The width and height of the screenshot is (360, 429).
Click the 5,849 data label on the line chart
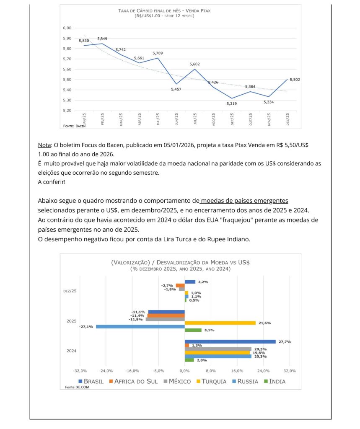(102, 39)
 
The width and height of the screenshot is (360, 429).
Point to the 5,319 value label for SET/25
(231, 103)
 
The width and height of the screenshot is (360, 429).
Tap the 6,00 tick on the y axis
(67, 28)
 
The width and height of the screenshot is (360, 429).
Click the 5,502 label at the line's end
(295, 80)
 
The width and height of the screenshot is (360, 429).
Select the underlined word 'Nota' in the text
(44, 145)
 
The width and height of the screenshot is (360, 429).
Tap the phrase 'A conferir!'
(52, 182)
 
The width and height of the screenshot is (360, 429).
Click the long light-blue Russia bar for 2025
(140, 326)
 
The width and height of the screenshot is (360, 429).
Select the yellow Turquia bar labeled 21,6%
(220, 323)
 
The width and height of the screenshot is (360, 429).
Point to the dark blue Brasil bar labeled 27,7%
(230, 341)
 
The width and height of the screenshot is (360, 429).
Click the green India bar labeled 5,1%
(193, 330)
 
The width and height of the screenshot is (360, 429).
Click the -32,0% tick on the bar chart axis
(80, 371)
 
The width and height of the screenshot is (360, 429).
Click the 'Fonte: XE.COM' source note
(77, 387)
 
